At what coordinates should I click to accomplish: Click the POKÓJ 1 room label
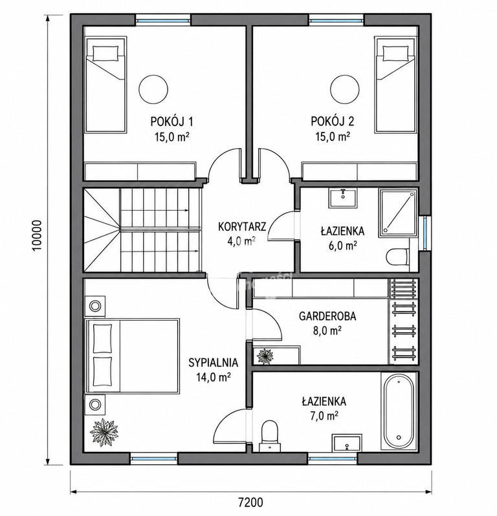tap(171, 122)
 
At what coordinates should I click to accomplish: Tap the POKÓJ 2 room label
tap(333, 122)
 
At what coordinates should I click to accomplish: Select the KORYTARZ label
tap(242, 227)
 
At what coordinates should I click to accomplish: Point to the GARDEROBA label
tap(327, 316)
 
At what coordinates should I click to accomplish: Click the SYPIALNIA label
tap(213, 362)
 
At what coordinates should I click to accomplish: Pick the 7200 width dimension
tap(250, 502)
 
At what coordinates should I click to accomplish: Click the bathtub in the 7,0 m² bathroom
tap(399, 411)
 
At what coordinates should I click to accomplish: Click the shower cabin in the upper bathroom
tap(399, 213)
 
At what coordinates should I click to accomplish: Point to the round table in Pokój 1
tap(153, 89)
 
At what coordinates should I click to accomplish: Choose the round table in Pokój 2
tap(345, 89)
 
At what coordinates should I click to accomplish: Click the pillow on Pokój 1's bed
tap(105, 53)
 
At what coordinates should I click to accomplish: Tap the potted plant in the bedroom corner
tap(104, 433)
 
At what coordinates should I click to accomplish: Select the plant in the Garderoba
tap(265, 356)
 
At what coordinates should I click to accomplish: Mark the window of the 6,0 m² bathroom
tap(425, 233)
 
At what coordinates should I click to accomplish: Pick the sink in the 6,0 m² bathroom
tap(343, 198)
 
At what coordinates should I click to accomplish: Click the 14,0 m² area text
tap(213, 377)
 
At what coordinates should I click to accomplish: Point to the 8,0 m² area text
tap(327, 330)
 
